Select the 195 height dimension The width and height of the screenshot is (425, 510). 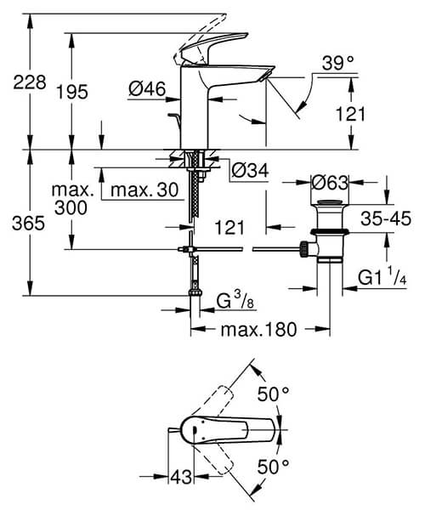[73, 93]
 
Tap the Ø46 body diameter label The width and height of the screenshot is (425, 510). [145, 88]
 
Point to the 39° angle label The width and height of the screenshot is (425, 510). [339, 63]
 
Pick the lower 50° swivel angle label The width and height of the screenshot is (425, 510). [274, 466]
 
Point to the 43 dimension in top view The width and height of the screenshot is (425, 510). [179, 479]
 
